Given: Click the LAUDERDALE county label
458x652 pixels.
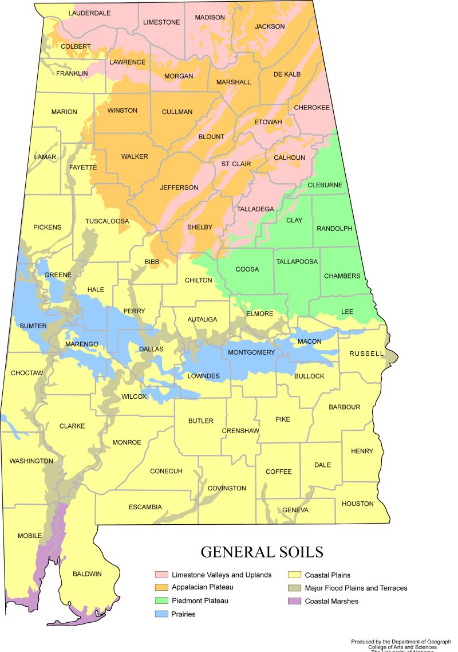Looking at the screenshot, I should [x=89, y=13].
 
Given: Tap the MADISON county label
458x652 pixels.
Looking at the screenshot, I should [x=210, y=17].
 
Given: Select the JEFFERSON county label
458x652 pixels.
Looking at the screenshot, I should [x=179, y=187].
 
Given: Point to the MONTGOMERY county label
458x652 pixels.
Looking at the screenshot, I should [x=251, y=352].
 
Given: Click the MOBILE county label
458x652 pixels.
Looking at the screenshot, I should [x=30, y=536].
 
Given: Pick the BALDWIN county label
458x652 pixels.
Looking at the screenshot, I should [x=87, y=574].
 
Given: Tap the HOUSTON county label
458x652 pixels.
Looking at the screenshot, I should [x=357, y=504].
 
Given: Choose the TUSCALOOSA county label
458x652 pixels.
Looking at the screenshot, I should [x=107, y=221].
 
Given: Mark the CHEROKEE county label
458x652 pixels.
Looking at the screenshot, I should [x=311, y=108].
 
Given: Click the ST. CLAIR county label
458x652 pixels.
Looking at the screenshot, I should [x=236, y=164].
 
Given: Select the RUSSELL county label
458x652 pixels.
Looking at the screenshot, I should [x=366, y=354].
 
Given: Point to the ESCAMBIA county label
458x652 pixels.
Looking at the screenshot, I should [x=145, y=507].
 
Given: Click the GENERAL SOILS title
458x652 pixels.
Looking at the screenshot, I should [x=262, y=552].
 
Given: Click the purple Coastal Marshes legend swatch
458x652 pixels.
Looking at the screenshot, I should [x=294, y=601].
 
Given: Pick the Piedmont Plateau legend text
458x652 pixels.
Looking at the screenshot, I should [x=200, y=601].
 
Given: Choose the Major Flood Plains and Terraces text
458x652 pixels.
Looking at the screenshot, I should [x=356, y=588].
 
